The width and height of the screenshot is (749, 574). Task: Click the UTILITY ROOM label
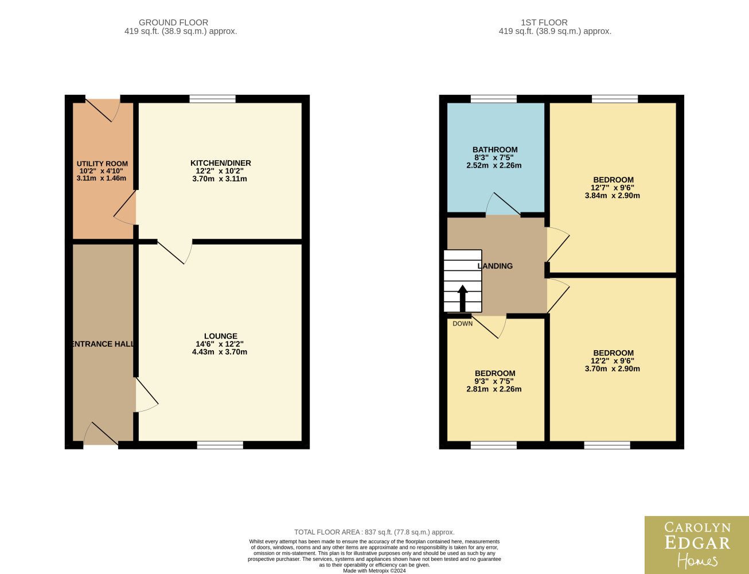click(102, 164)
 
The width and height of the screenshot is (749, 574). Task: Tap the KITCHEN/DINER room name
click(221, 163)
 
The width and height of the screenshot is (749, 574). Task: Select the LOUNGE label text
click(221, 336)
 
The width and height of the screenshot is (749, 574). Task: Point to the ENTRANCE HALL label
click(103, 344)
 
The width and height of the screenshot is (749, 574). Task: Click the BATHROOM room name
click(495, 150)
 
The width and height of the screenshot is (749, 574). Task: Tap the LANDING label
click(495, 266)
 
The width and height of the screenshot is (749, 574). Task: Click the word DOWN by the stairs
click(463, 324)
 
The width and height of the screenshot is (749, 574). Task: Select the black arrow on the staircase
click(463, 298)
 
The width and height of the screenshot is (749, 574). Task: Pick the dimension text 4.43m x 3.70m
click(220, 352)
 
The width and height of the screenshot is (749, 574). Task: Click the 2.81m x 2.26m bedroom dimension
click(494, 389)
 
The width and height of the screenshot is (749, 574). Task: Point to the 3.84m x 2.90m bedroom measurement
click(613, 196)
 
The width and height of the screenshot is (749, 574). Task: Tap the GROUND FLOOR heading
click(173, 22)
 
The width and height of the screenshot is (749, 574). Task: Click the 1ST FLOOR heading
click(544, 22)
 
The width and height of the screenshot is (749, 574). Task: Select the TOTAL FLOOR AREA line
click(374, 532)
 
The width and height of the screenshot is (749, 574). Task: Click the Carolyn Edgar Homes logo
click(697, 545)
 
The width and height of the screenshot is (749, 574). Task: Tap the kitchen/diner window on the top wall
click(213, 99)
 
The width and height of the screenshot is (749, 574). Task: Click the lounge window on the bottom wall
click(220, 445)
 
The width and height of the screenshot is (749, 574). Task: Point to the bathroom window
click(494, 99)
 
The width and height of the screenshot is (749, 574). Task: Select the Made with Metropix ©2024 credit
click(374, 571)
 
